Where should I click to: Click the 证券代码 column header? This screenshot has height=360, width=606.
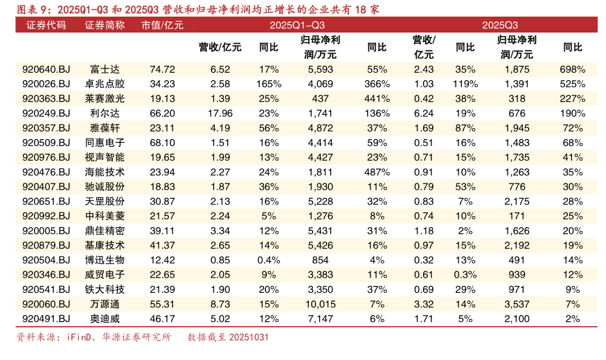[x=46, y=26]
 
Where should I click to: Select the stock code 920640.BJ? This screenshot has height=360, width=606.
[x=46, y=69]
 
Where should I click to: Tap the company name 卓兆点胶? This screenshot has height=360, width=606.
[x=105, y=84]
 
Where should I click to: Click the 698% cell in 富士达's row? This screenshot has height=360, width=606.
[x=572, y=69]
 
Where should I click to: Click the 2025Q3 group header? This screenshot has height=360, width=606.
[x=500, y=26]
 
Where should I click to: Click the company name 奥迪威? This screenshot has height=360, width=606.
[x=105, y=318]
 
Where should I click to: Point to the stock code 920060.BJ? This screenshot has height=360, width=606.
[x=46, y=303]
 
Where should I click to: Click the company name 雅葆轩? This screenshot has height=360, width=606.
[x=105, y=127]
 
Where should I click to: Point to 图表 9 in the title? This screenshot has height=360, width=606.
[x=33, y=9]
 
